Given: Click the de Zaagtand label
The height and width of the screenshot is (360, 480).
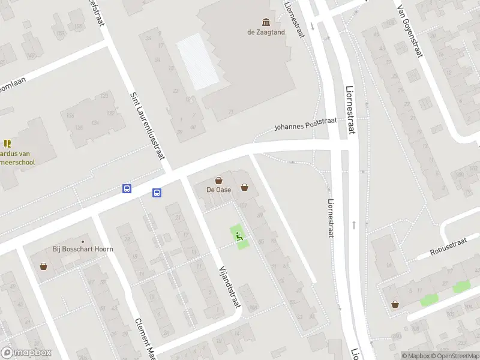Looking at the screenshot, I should (x=266, y=32).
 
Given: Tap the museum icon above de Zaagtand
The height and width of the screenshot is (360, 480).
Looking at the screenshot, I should (x=266, y=22).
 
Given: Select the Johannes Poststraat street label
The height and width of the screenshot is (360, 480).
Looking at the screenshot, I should (x=305, y=124).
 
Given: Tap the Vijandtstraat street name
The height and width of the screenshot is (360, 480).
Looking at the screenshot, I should (x=230, y=287).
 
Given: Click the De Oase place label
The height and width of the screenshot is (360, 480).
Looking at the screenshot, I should (x=219, y=190).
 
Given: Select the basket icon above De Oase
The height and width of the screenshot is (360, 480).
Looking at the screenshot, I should (x=219, y=180).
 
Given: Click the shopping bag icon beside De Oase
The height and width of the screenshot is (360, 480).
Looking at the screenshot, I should (x=244, y=187).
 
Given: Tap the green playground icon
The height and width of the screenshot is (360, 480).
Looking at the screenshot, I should (x=239, y=236).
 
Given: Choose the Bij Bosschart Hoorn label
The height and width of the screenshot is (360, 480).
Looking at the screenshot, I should (x=83, y=248).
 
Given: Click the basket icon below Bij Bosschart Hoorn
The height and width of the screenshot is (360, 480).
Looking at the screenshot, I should (x=44, y=266).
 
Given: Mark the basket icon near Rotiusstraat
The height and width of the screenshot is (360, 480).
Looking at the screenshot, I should (x=395, y=304).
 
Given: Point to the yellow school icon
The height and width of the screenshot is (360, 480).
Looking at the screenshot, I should (x=7, y=143).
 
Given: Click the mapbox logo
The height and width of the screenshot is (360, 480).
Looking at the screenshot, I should (x=26, y=353).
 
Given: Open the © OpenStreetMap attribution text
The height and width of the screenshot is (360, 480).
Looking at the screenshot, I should (x=454, y=356).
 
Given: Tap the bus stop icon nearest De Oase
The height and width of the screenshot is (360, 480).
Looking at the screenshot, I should (x=157, y=193).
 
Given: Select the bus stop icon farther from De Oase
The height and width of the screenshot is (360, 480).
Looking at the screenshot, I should (x=127, y=188).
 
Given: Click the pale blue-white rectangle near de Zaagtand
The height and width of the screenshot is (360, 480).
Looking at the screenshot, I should (x=197, y=61).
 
